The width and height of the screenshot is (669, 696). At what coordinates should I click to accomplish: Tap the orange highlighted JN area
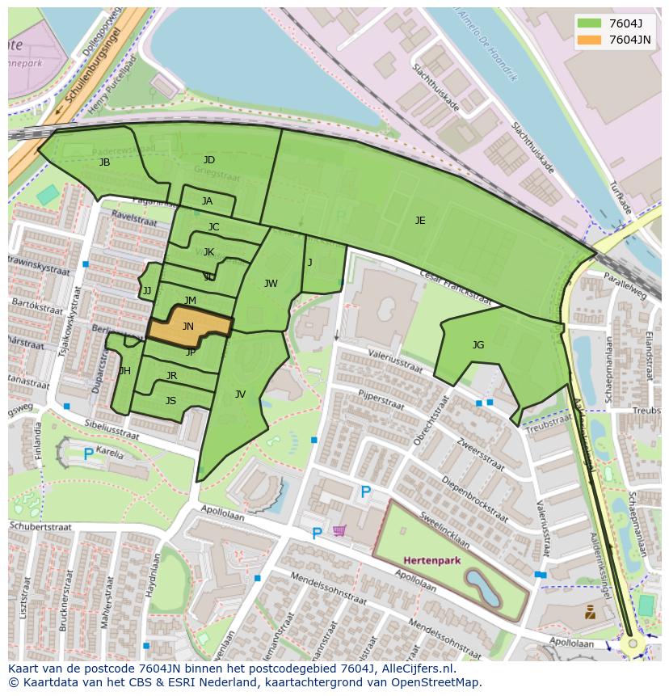point(188,327)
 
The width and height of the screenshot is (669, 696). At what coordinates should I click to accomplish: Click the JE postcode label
point(420,220)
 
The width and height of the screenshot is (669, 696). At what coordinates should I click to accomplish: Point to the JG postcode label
point(478,345)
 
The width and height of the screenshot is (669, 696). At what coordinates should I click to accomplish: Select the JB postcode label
point(104,162)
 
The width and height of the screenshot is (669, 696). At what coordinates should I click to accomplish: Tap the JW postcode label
point(271,283)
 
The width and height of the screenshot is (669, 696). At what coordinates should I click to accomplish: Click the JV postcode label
point(240,394)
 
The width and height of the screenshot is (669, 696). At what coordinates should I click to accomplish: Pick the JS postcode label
point(170,400)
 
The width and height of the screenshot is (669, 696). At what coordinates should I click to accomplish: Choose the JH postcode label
point(124,371)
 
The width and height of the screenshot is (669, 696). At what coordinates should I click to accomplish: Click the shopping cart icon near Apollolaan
point(339,530)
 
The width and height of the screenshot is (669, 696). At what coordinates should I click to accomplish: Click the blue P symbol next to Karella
point(88,454)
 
